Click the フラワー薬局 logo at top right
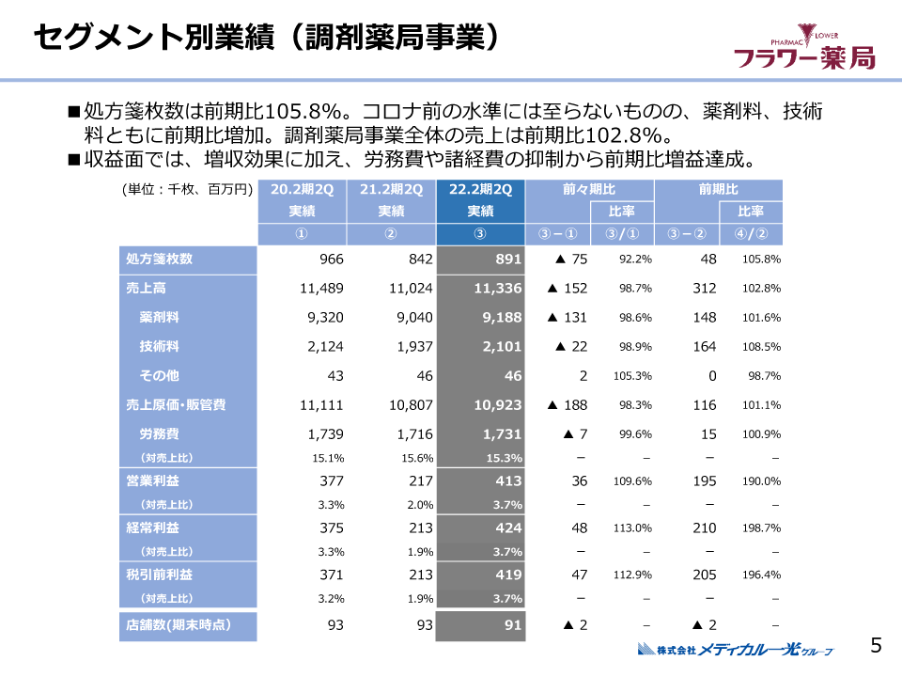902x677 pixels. [x=803, y=50]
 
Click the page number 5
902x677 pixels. [x=876, y=645]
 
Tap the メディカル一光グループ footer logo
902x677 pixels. [x=735, y=649]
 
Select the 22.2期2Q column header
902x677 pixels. [x=480, y=189]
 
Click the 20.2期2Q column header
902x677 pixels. [x=302, y=189]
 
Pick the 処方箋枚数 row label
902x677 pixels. [x=160, y=260]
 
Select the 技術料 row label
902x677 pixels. [x=160, y=347]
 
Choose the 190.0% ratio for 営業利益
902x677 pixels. [x=762, y=481]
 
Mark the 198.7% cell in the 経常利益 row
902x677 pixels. [x=762, y=528]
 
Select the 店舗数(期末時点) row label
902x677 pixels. [x=179, y=624]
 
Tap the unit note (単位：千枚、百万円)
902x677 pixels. [x=188, y=189]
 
